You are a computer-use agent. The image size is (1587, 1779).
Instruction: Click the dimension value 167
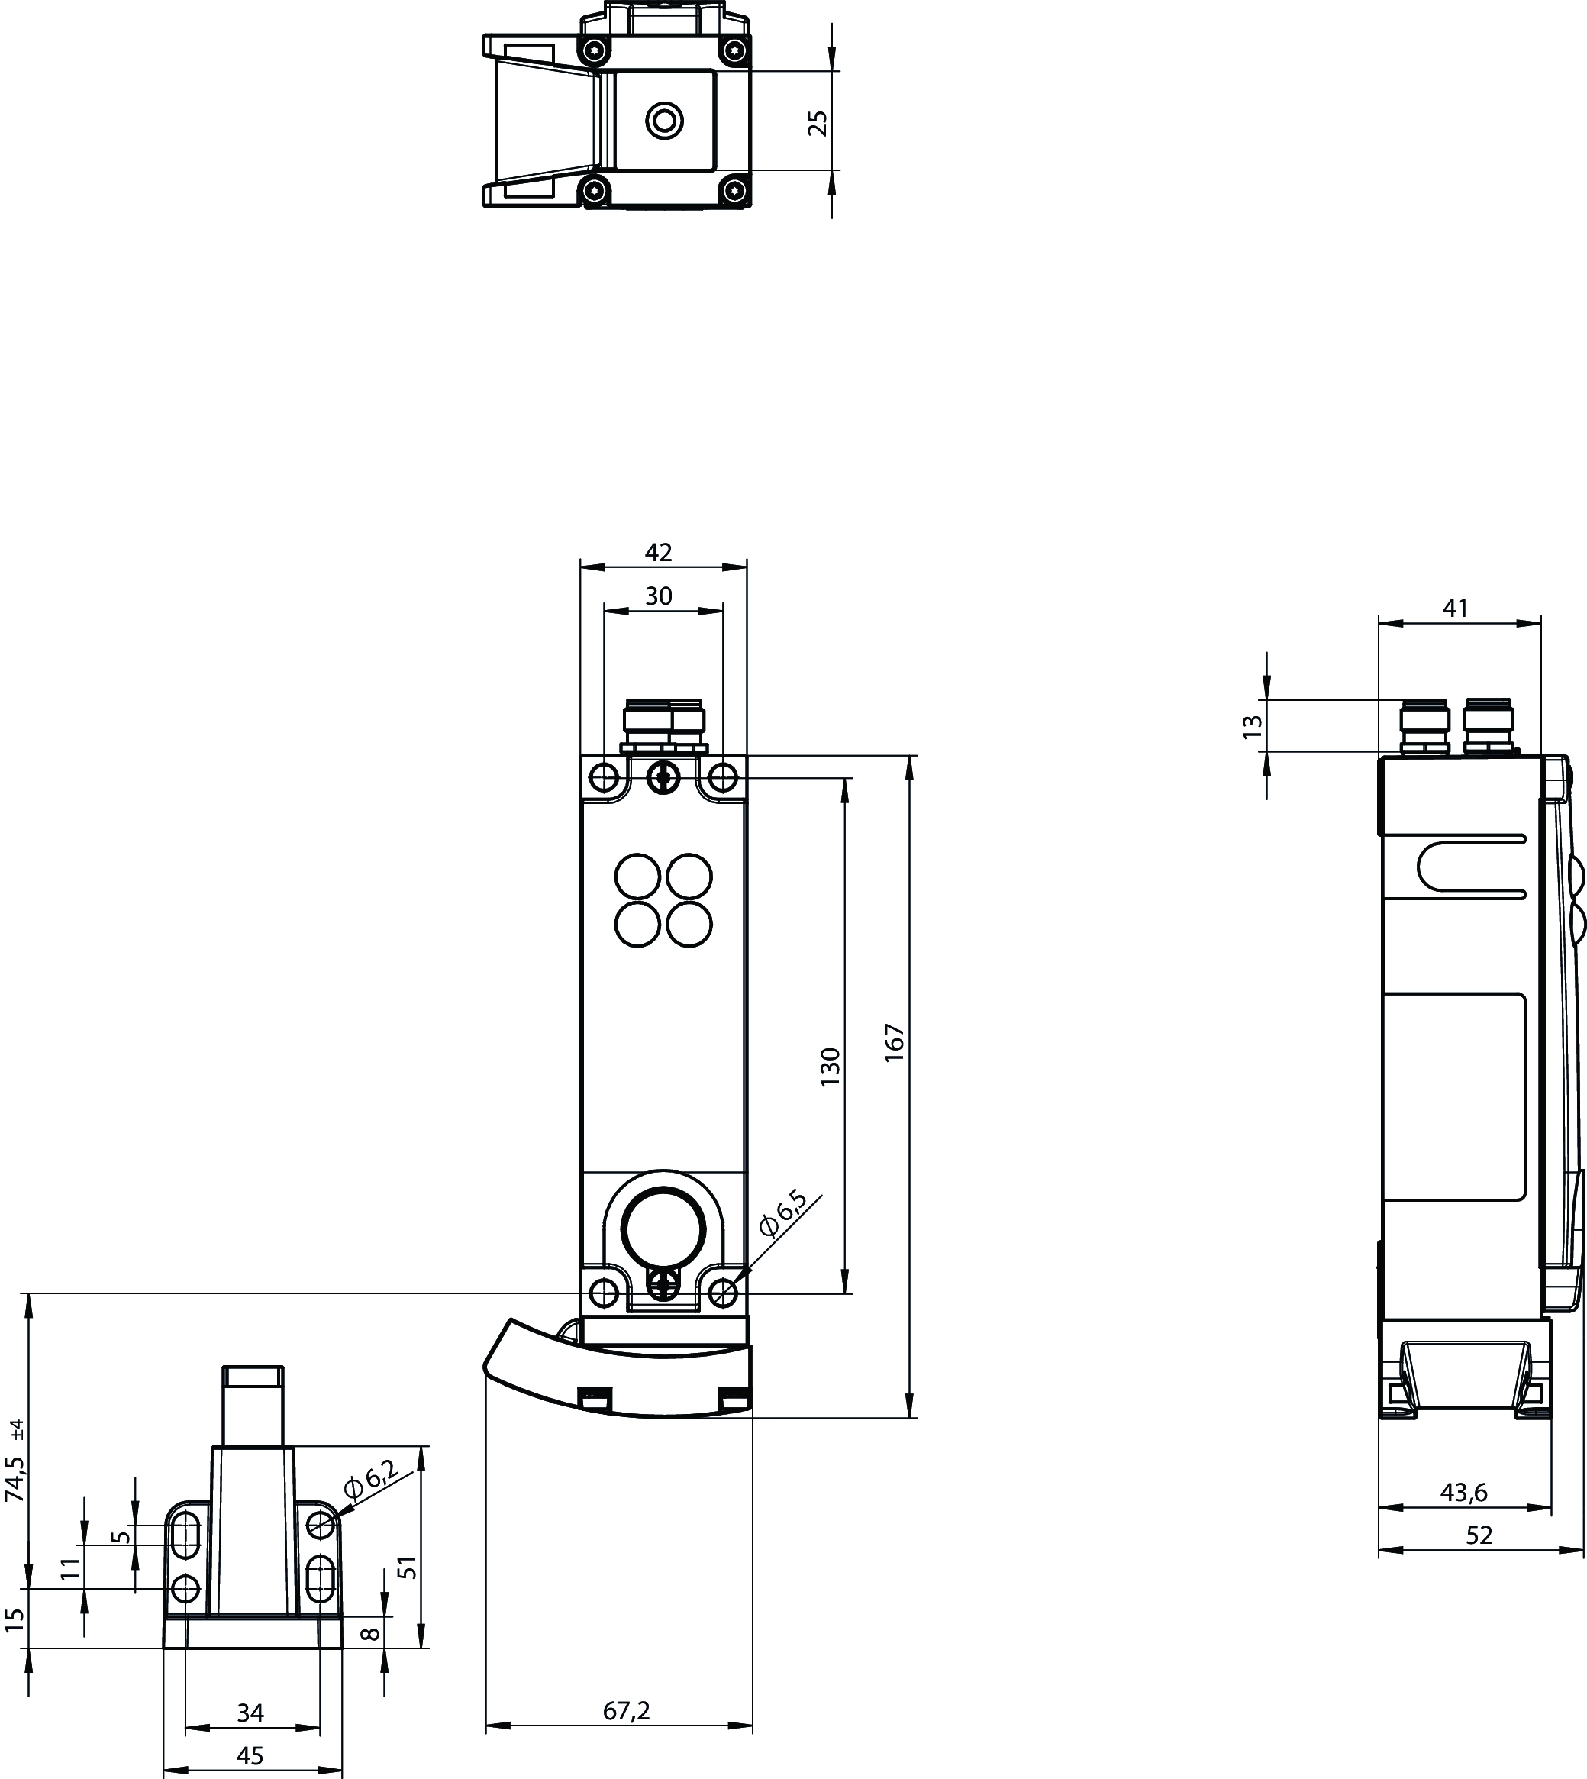pyautogui.click(x=895, y=1042)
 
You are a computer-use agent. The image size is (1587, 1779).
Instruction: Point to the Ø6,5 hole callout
pyautogui.click(x=782, y=1213)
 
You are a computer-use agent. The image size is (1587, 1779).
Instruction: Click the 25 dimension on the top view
pyautogui.click(x=818, y=123)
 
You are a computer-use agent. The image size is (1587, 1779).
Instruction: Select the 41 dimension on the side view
pyautogui.click(x=1456, y=608)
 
